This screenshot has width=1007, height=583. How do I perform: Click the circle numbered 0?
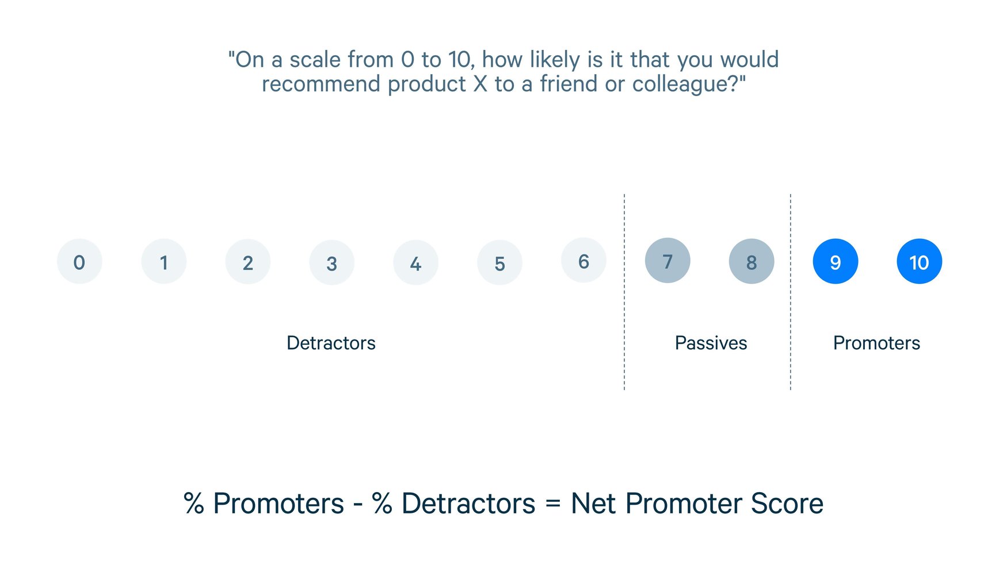click(x=79, y=262)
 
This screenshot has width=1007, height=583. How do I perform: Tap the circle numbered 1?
click(x=164, y=262)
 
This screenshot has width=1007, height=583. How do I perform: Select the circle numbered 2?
click(x=248, y=262)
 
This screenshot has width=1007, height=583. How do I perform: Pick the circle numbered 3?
click(x=332, y=262)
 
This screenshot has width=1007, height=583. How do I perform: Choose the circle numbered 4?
click(x=415, y=262)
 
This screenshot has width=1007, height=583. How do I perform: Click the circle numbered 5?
click(x=499, y=262)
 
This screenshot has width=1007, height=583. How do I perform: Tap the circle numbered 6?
click(x=583, y=261)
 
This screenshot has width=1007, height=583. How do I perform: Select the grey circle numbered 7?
click(x=667, y=261)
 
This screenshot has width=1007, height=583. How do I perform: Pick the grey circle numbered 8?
click(x=752, y=261)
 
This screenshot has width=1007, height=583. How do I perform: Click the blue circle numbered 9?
click(x=836, y=261)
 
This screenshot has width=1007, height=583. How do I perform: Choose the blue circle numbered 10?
click(x=920, y=261)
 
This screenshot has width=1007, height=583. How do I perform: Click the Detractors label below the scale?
click(x=331, y=343)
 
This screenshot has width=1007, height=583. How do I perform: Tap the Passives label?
click(x=711, y=343)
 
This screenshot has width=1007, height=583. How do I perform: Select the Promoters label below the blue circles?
click(x=876, y=343)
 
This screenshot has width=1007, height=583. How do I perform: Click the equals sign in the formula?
click(x=552, y=504)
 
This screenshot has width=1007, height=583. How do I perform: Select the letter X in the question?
click(x=480, y=84)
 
